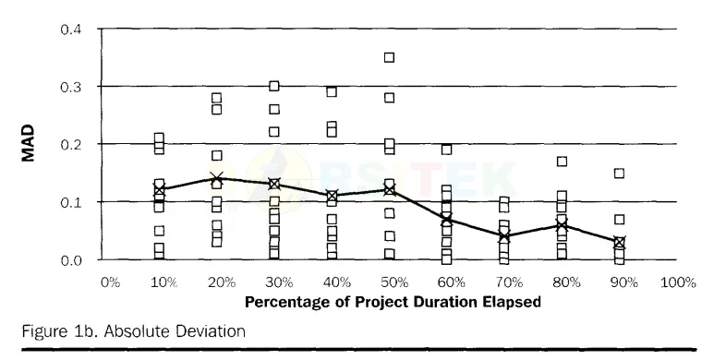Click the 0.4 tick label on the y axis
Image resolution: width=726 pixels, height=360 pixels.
(71, 30)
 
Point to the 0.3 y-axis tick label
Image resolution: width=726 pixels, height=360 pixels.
(71, 87)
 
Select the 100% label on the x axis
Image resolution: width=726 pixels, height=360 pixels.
(678, 282)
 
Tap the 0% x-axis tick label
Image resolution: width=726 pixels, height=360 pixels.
(110, 282)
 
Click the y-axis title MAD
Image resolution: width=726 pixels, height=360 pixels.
(29, 143)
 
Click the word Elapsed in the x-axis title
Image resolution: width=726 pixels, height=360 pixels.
(512, 302)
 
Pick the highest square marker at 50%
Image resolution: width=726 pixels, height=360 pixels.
(390, 57)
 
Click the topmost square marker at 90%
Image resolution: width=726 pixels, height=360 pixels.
(619, 173)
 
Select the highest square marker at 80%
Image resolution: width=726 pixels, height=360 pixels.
(562, 161)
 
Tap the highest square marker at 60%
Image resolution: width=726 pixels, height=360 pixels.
(446, 150)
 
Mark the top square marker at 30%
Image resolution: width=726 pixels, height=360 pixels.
(274, 86)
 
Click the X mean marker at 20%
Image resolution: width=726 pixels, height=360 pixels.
(217, 178)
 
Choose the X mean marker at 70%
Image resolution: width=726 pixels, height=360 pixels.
(504, 236)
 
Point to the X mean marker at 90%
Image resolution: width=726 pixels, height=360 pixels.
(619, 242)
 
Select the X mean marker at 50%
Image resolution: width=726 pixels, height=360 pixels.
(390, 190)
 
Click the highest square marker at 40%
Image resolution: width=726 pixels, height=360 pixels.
(332, 91)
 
